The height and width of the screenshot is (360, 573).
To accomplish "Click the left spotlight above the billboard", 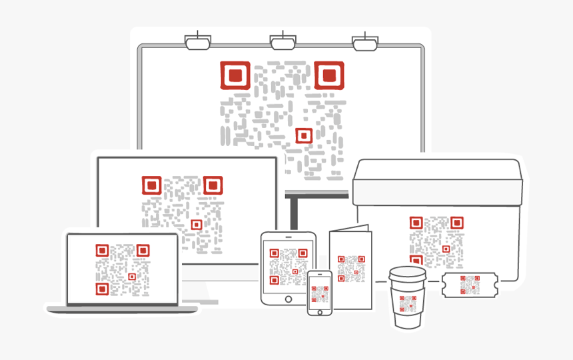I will (x=198, y=42).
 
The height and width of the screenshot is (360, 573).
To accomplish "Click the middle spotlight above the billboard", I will (x=283, y=42).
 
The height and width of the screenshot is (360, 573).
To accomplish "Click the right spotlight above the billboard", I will (x=364, y=43).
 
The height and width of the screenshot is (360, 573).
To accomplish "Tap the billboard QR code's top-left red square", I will (x=235, y=75).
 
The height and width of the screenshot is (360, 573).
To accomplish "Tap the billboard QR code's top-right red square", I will (x=329, y=75).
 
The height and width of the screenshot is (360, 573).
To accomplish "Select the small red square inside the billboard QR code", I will (x=304, y=136).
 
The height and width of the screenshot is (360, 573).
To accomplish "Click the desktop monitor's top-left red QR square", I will (x=152, y=185).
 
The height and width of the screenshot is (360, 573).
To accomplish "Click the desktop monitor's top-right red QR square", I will (x=213, y=185).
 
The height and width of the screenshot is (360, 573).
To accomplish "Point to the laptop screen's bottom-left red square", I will (x=101, y=289).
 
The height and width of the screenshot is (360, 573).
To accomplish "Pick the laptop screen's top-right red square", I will (x=143, y=250).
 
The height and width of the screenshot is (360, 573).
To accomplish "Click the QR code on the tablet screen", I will (x=288, y=266).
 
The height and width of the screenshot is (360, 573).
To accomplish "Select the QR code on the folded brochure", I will (x=351, y=269).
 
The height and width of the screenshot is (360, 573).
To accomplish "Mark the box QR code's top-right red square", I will (x=456, y=223).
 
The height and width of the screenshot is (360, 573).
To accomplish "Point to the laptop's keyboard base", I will (x=122, y=309).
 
